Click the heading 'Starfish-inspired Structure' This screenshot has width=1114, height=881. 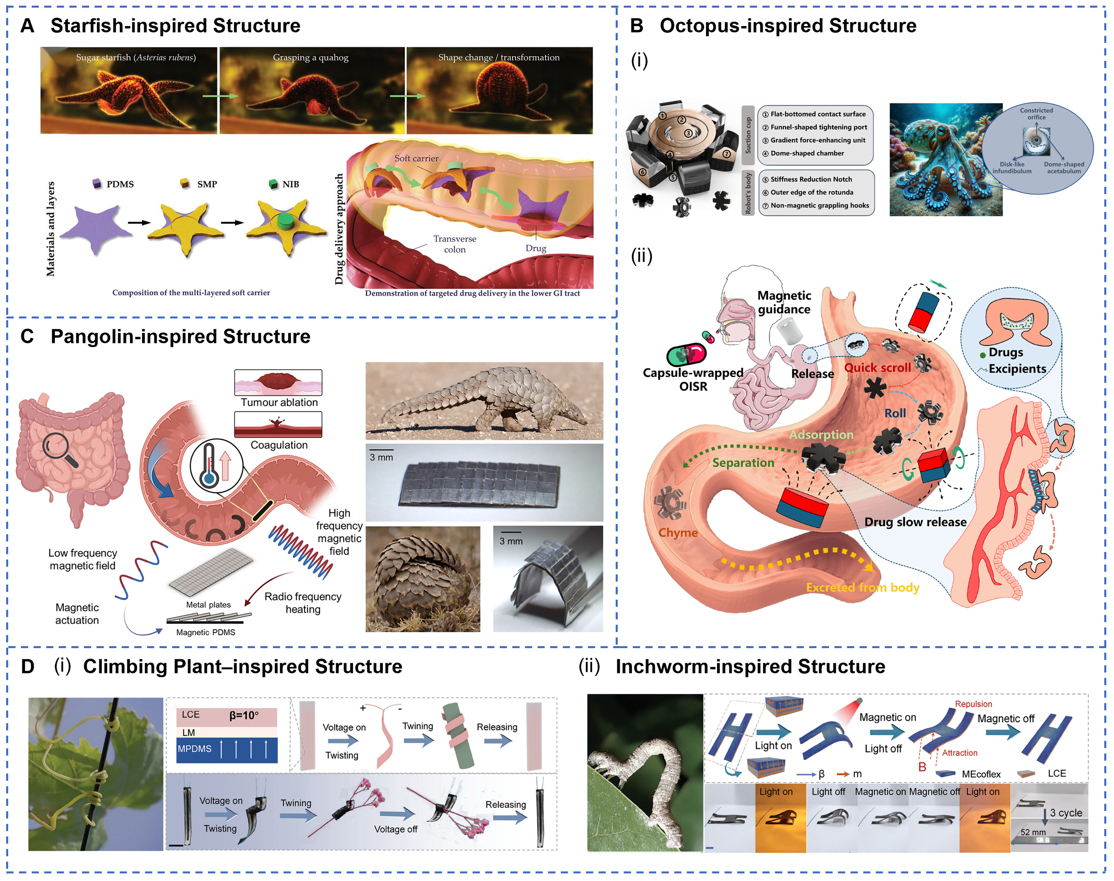pyautogui.click(x=175, y=26)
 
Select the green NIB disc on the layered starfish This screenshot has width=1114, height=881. pyautogui.click(x=285, y=221)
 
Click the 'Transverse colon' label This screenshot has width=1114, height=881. pyautogui.click(x=454, y=244)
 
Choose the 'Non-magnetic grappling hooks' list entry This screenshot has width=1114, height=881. pyautogui.click(x=819, y=205)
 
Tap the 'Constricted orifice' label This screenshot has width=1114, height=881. pyautogui.click(x=1036, y=113)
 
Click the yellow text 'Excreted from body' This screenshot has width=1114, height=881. pyautogui.click(x=862, y=588)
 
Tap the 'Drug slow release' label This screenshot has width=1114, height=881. pyautogui.click(x=915, y=522)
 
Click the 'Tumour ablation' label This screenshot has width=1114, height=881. pyautogui.click(x=279, y=402)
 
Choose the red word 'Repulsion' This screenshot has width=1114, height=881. pyautogui.click(x=973, y=704)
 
